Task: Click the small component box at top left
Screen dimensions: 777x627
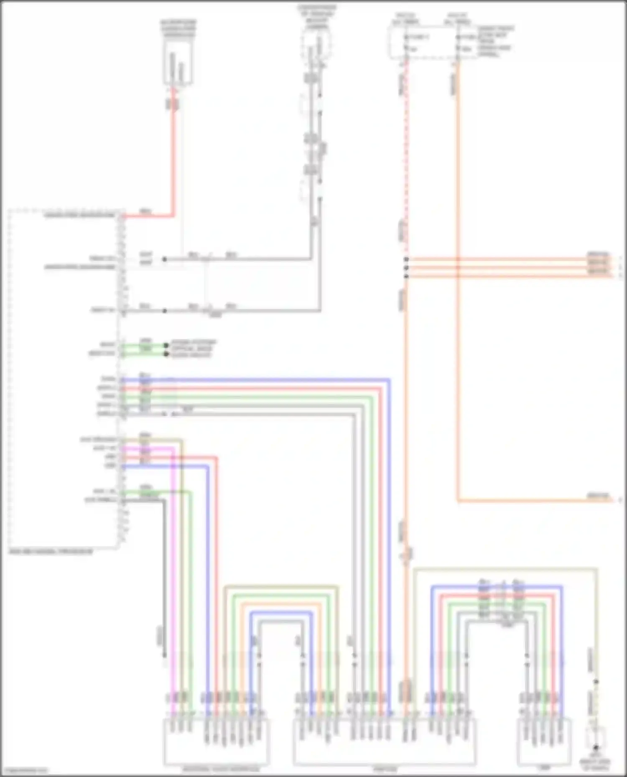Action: click(178, 63)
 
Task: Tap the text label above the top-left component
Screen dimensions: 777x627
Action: click(178, 28)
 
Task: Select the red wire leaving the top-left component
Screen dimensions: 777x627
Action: click(173, 159)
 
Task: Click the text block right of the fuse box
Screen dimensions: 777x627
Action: click(495, 41)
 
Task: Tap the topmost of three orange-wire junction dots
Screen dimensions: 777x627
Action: click(406, 259)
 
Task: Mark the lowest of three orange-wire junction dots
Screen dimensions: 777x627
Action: click(406, 276)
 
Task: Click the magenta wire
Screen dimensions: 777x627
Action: click(173, 543)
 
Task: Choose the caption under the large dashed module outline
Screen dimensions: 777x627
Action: click(51, 552)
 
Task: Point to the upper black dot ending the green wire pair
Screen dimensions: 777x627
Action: click(166, 346)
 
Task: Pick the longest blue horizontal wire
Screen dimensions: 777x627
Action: click(255, 380)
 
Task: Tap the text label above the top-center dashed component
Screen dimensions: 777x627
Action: click(317, 17)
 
